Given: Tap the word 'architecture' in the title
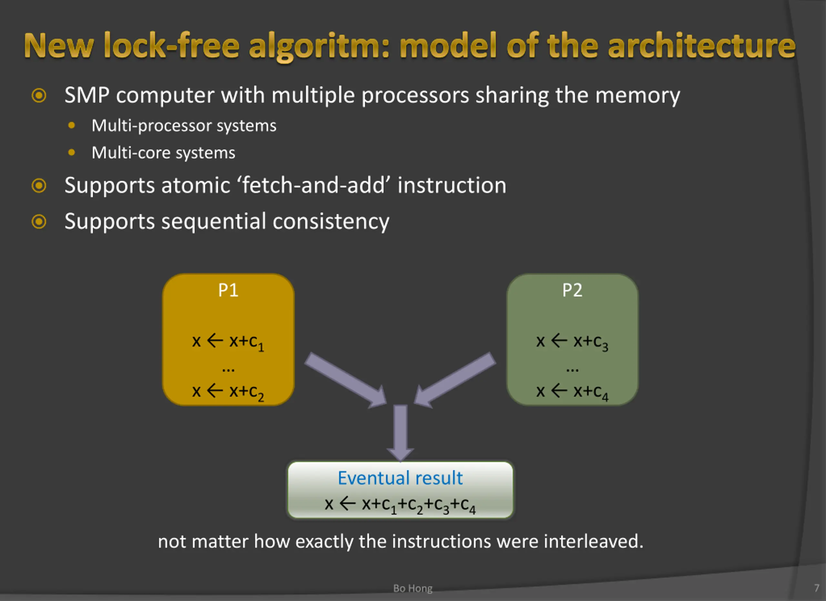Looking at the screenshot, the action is (x=701, y=45).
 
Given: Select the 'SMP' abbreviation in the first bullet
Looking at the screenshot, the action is (x=87, y=95).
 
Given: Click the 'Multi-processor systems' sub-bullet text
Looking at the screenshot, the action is (x=184, y=126).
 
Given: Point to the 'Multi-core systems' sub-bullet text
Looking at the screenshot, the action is (x=164, y=153).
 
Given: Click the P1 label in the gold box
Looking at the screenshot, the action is (x=228, y=290).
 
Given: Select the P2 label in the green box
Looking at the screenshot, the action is (x=572, y=290).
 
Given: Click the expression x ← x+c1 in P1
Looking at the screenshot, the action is (x=228, y=342).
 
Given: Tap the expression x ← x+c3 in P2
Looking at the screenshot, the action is (x=572, y=342).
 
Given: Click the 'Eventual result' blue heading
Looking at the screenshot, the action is (x=400, y=478).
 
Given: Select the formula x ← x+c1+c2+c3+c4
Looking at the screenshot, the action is (x=400, y=505).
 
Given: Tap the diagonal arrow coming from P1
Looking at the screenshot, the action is (x=345, y=380).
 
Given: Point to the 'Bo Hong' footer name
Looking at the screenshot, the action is (x=413, y=589).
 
